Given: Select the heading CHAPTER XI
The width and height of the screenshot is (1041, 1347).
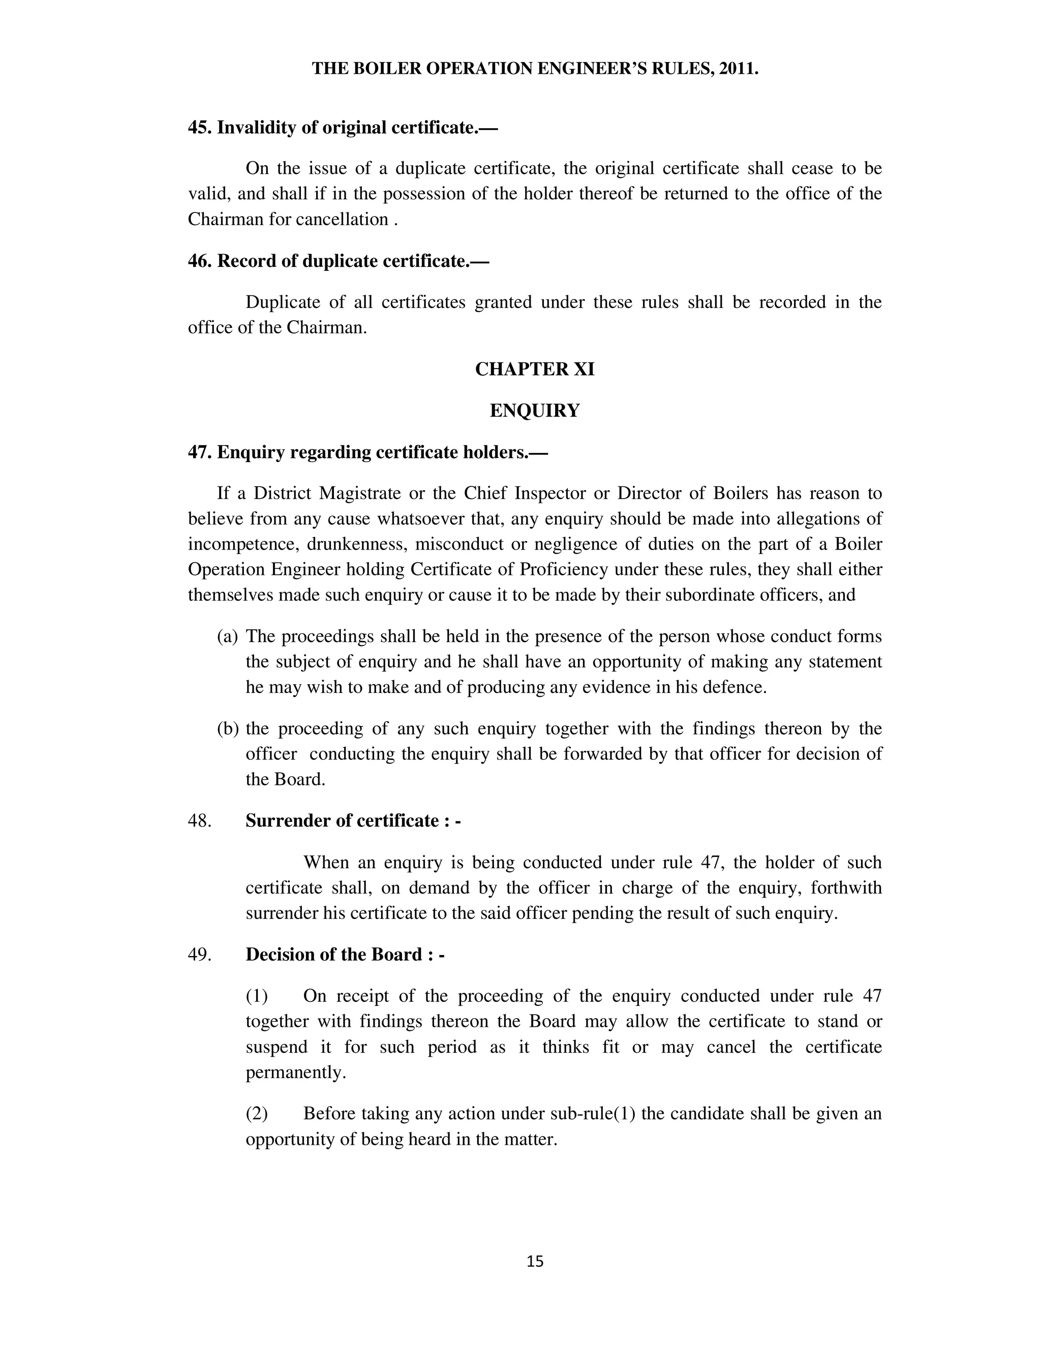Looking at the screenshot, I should pyautogui.click(x=535, y=369).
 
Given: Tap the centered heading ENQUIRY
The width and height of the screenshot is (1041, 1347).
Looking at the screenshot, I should pyautogui.click(x=535, y=410).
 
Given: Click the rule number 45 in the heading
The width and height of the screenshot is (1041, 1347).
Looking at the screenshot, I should pyautogui.click(x=199, y=128).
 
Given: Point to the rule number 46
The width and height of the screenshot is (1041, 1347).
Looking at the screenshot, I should pyautogui.click(x=199, y=261).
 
